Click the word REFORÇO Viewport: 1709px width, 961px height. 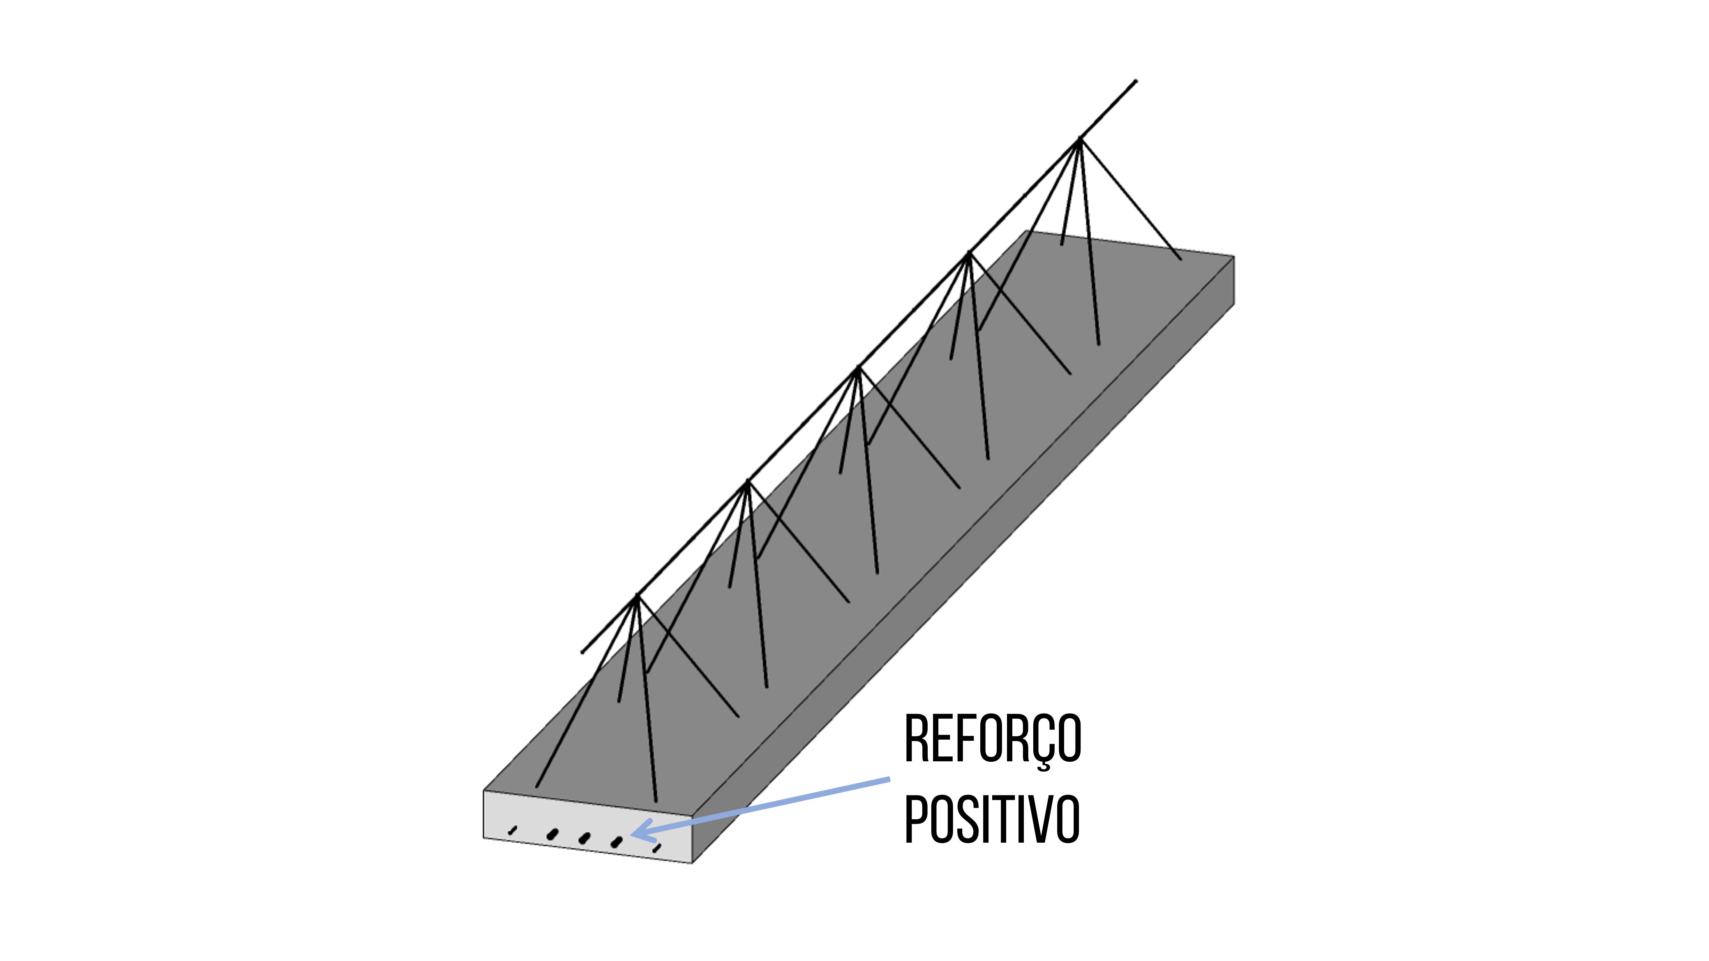(x=993, y=740)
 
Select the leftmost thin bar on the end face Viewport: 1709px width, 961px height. (x=512, y=829)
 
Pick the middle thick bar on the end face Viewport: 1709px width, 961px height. (x=584, y=838)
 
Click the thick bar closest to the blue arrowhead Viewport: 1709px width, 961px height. (x=617, y=842)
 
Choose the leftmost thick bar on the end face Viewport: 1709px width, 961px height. (x=552, y=834)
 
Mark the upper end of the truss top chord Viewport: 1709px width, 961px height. (x=1136, y=82)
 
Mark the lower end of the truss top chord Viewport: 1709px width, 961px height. (x=582, y=652)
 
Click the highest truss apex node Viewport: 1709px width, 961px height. (x=1079, y=139)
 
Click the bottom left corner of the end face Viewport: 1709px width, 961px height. (x=484, y=838)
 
